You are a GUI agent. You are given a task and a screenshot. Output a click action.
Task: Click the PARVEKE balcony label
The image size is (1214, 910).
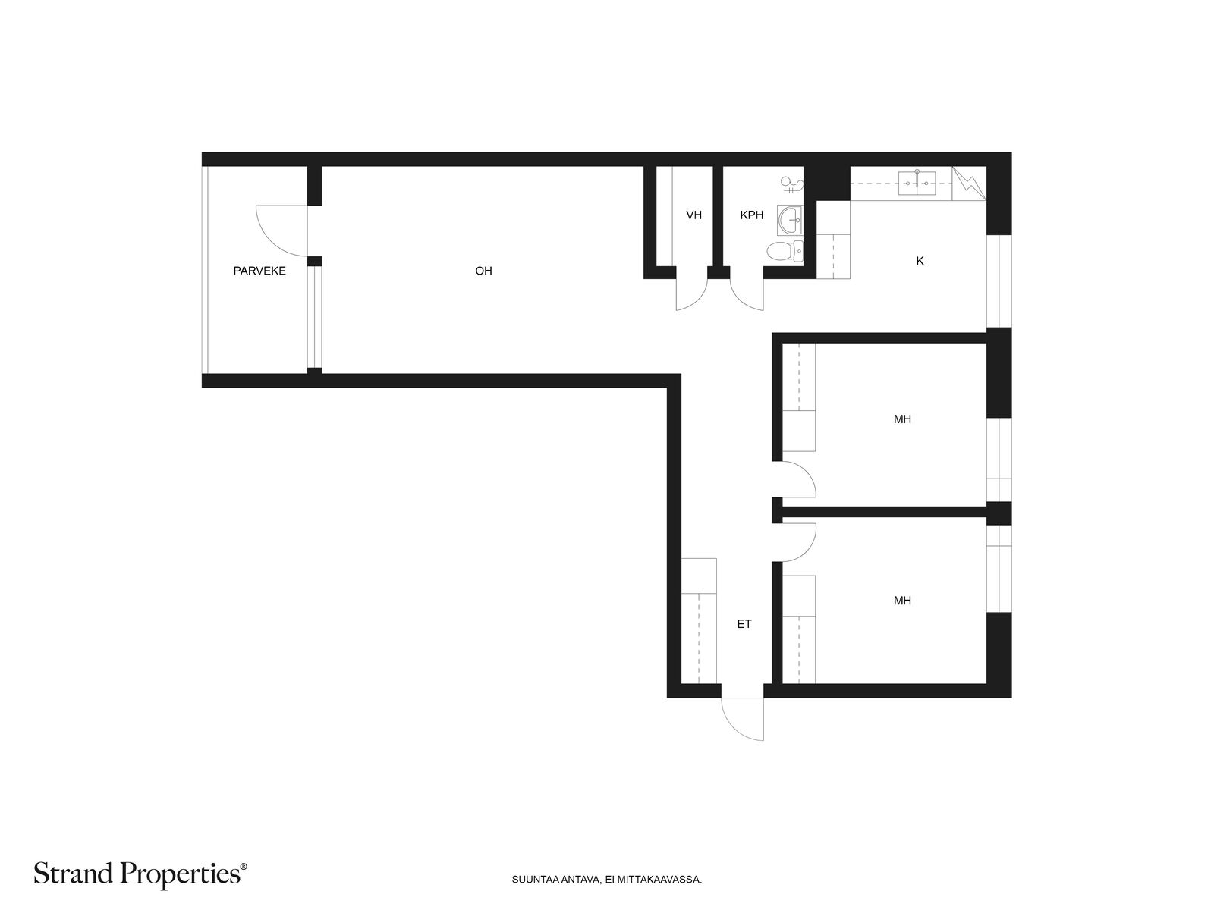pyautogui.click(x=259, y=271)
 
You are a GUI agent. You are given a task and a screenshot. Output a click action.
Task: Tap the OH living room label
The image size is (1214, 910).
pyautogui.click(x=483, y=271)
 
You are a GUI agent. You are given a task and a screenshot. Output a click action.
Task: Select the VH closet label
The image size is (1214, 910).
pyautogui.click(x=693, y=215)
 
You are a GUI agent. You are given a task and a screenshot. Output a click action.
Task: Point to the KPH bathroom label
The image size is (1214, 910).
pyautogui.click(x=752, y=215)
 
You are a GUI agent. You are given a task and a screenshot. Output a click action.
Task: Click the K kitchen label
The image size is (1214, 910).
pyautogui.click(x=920, y=261)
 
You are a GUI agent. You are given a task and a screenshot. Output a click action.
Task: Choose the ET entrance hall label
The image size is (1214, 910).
pyautogui.click(x=744, y=624)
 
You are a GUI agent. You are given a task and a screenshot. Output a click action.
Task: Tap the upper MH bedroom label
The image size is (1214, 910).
pyautogui.click(x=902, y=419)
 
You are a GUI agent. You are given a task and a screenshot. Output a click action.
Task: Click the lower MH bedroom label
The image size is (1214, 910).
pyautogui.click(x=902, y=601)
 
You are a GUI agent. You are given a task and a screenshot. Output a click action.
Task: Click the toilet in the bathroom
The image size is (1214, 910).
pyautogui.click(x=785, y=252)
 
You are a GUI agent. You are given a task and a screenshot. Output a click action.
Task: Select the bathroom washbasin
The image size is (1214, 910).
pyautogui.click(x=790, y=219)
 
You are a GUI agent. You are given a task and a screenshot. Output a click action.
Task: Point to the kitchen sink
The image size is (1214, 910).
pyautogui.click(x=917, y=184)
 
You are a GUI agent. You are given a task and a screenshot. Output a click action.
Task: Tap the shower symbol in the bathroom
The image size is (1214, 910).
pyautogui.click(x=791, y=184)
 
